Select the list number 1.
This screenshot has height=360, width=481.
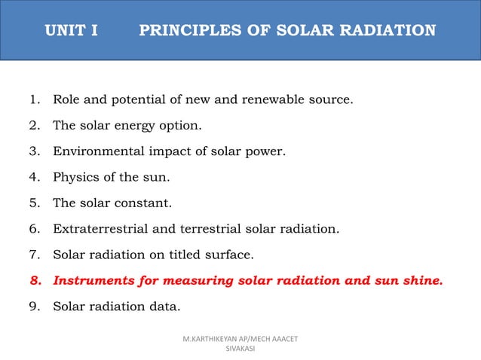pos(33,99)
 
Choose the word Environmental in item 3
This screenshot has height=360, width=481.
pos(97,151)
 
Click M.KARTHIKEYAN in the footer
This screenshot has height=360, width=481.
pos(212,340)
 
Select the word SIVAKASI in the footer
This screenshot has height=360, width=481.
pos(240,349)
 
